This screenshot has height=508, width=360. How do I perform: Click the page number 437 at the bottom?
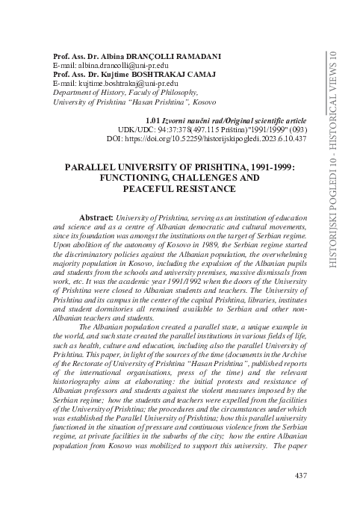(x=302, y=475)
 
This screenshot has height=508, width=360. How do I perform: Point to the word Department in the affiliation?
(x=69, y=93)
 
